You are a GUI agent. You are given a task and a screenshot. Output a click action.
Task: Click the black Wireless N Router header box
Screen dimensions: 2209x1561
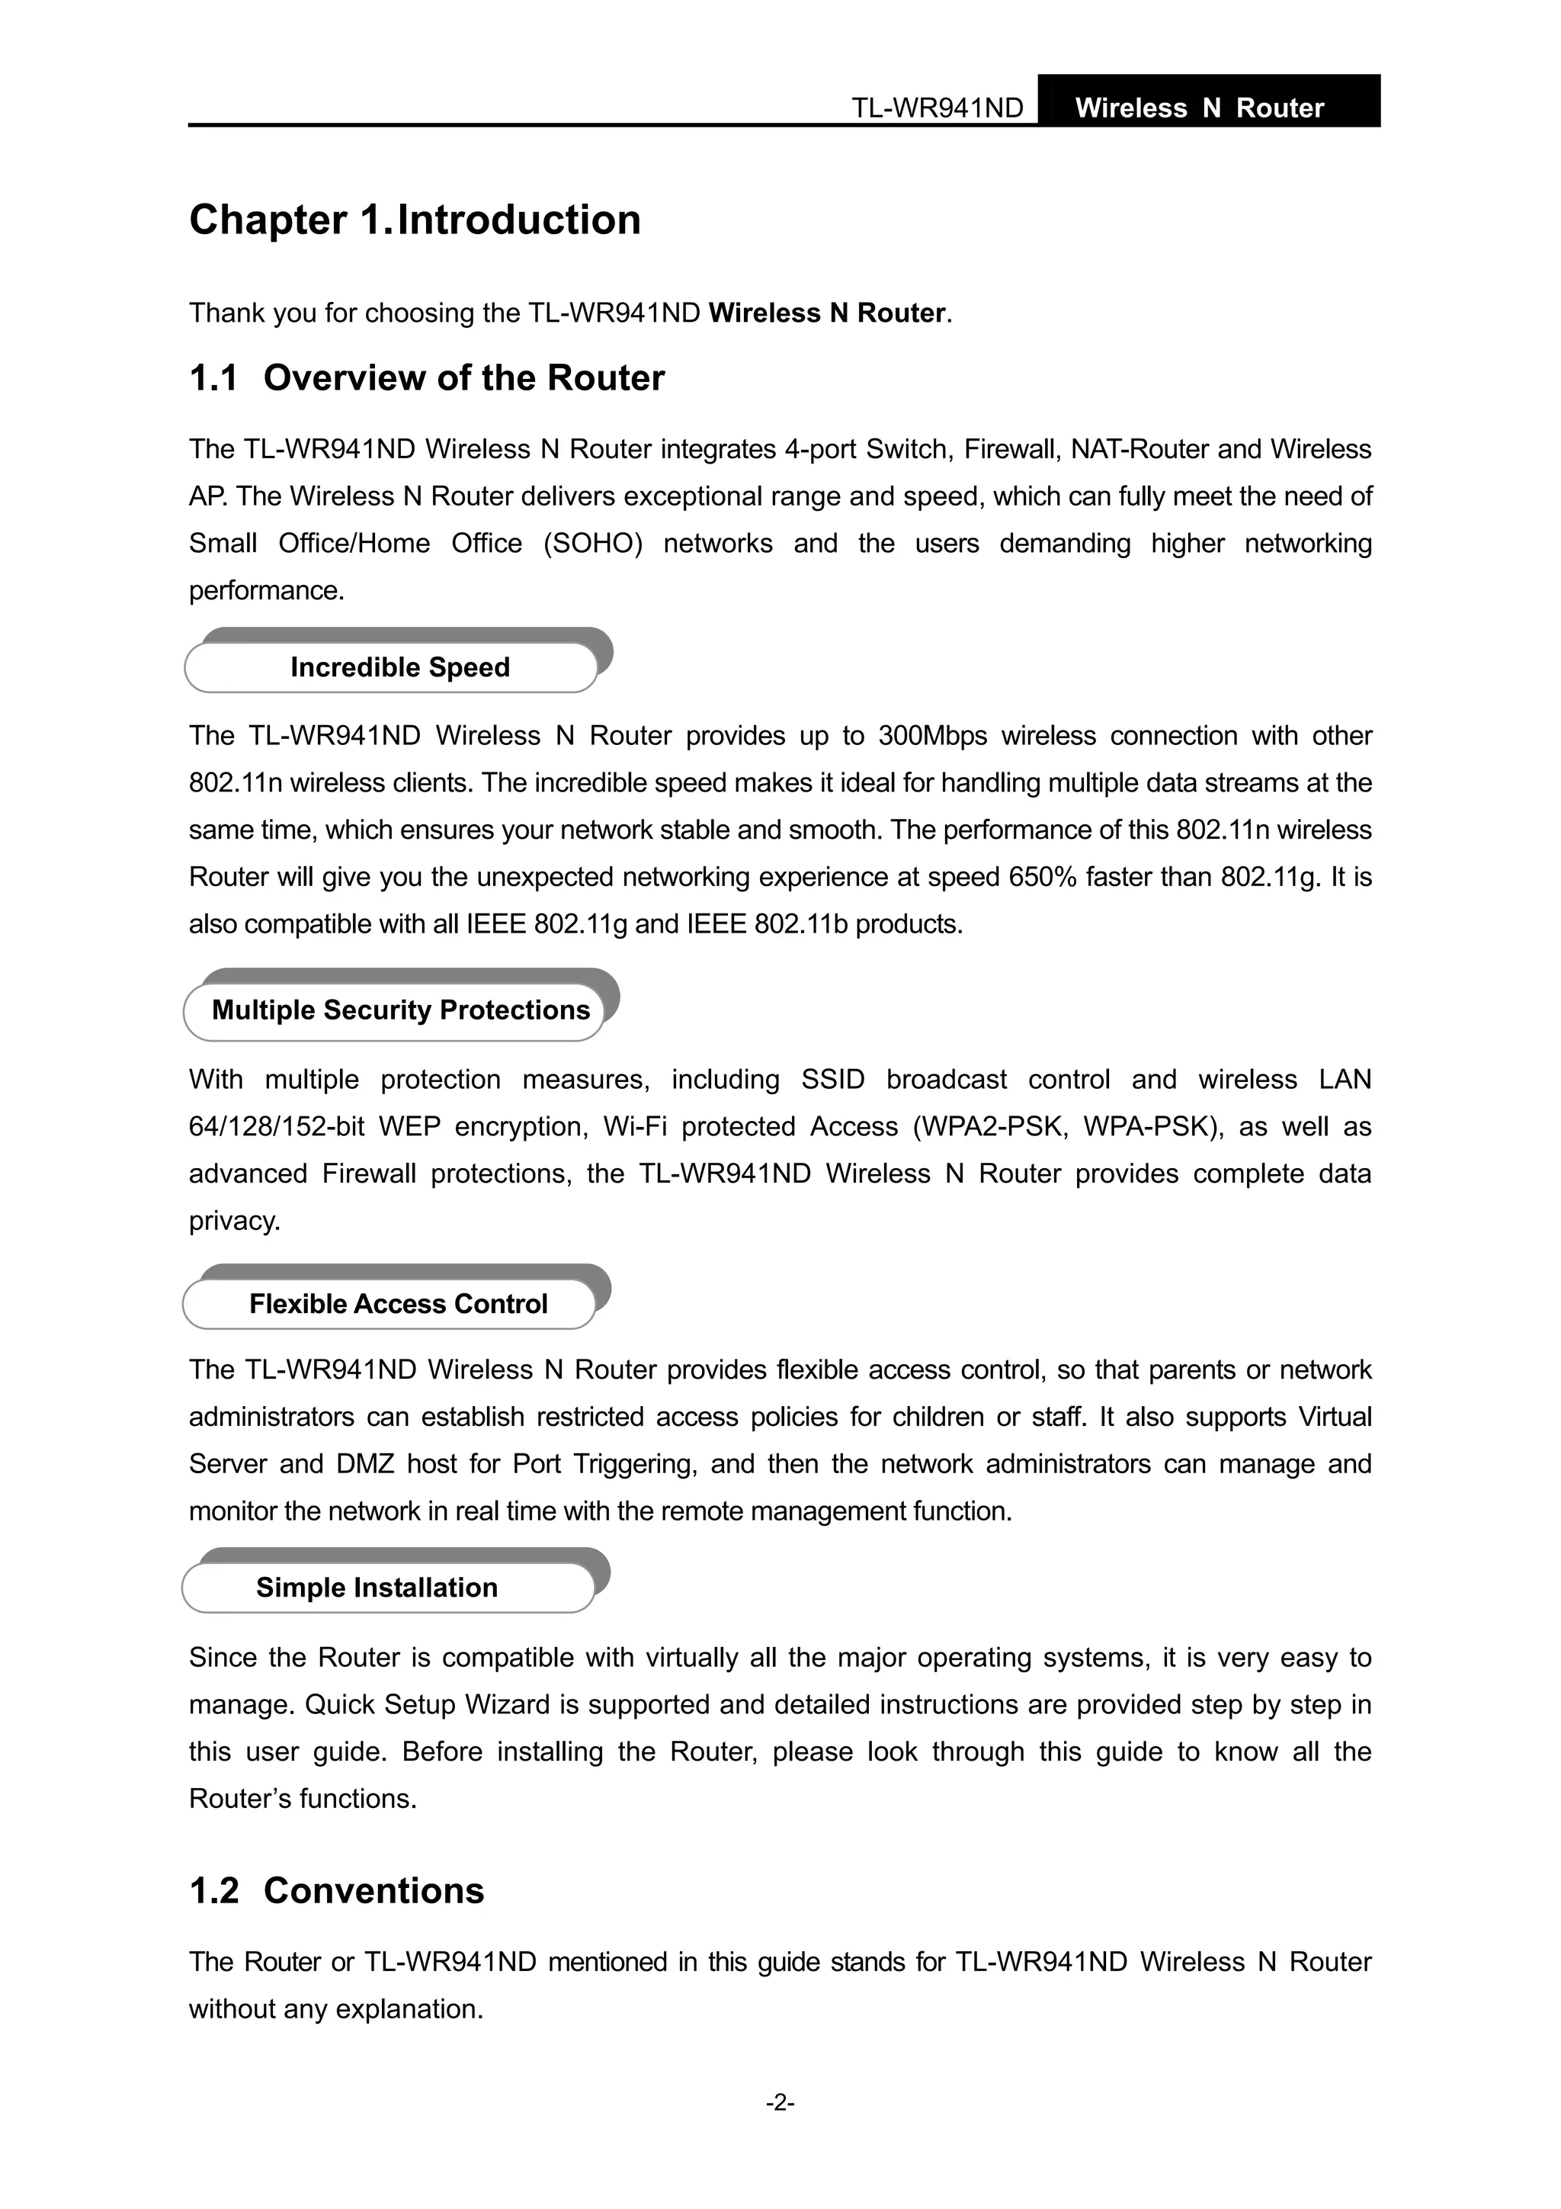[x=1208, y=102]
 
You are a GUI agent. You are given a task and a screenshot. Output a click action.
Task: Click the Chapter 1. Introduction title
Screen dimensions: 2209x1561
[x=415, y=220]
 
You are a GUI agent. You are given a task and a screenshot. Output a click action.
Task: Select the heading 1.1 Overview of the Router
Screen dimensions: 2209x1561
[x=426, y=378]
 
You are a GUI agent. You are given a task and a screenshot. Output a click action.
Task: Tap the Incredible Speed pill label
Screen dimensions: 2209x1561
[x=399, y=666]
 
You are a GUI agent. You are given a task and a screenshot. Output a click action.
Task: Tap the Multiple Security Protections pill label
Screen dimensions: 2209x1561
[x=400, y=1010]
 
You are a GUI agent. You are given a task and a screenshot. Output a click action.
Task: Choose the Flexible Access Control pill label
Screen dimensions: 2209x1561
[x=397, y=1304]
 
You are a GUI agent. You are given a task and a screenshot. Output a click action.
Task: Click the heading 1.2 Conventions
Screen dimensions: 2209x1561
[x=337, y=1890]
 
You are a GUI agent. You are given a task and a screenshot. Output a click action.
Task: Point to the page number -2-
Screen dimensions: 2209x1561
[x=780, y=2102]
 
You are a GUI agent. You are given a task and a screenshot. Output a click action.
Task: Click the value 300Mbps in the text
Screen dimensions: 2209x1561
[x=932, y=736]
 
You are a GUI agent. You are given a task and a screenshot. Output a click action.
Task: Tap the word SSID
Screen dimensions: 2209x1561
[x=833, y=1080]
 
